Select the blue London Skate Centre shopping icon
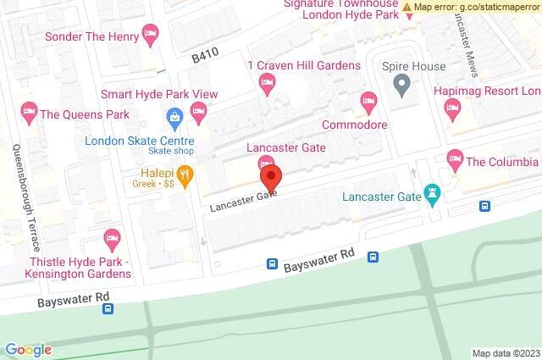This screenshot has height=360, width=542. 174,116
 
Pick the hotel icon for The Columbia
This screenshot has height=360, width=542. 455,158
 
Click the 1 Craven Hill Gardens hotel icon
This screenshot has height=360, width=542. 266,83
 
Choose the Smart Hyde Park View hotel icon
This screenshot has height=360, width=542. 199,110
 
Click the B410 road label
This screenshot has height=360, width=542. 205,56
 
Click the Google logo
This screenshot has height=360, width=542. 28,349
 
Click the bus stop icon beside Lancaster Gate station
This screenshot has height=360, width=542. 485,206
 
